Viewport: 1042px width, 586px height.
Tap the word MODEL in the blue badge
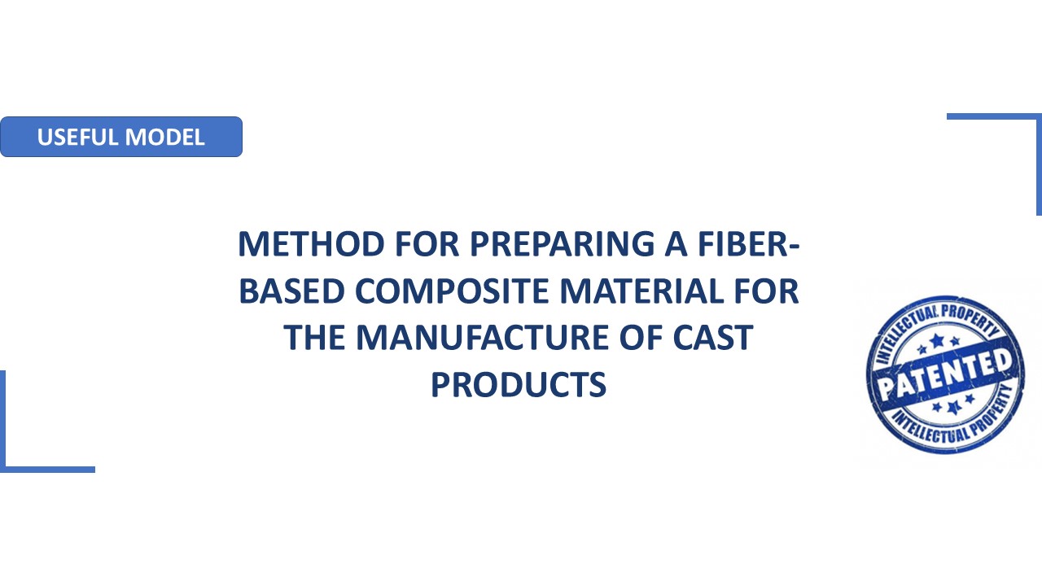coord(165,138)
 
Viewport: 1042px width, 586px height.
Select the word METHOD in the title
coord(311,244)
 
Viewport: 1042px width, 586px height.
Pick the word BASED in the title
coord(291,291)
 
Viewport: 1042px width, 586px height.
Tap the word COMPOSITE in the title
coord(452,291)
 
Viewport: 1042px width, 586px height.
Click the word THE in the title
coord(315,338)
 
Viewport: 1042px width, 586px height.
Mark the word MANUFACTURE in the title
coord(483,338)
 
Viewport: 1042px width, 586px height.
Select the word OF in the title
coord(641,338)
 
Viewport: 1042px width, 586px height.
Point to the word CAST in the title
coord(713,338)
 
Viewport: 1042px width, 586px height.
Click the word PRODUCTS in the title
coord(519,385)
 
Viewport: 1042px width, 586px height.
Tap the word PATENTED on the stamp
coord(945,374)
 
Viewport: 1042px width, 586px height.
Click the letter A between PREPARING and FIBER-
coord(676,244)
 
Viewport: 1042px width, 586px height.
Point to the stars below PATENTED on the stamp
coord(953,405)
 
